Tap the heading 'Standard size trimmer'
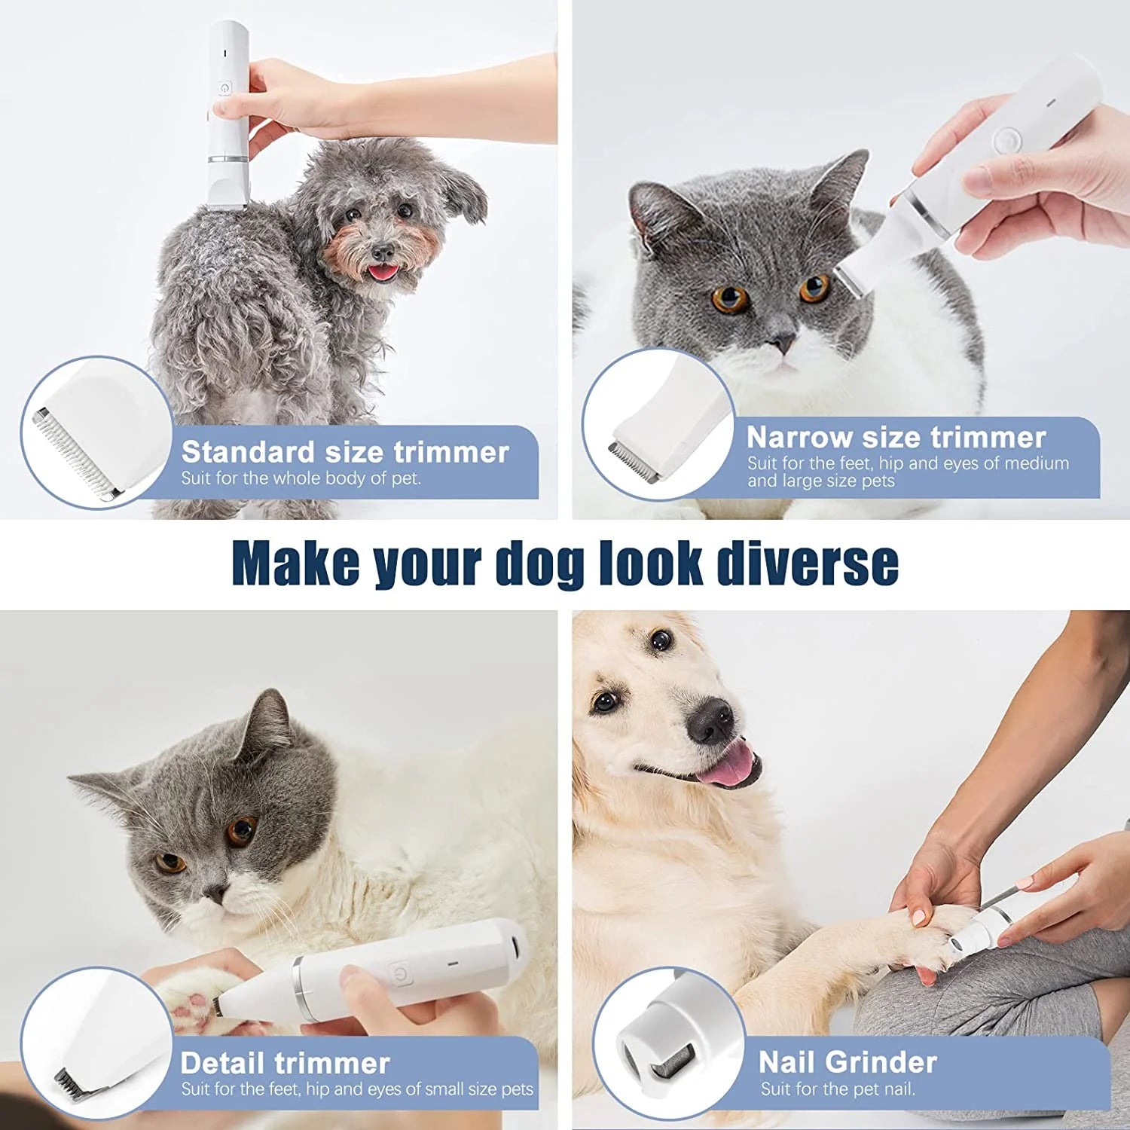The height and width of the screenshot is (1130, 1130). click(x=345, y=452)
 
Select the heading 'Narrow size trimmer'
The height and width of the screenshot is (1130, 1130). click(x=896, y=437)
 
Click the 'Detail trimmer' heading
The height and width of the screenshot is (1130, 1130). click(x=285, y=1063)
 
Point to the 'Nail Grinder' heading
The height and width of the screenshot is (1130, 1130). click(x=847, y=1062)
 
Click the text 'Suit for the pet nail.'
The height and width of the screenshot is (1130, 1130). click(x=838, y=1089)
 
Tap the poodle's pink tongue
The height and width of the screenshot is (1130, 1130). click(x=383, y=272)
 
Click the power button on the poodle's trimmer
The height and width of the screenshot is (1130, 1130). click(x=224, y=89)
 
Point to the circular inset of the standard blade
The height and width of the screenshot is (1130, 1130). click(x=96, y=432)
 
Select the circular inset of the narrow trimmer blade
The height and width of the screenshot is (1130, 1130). click(x=658, y=424)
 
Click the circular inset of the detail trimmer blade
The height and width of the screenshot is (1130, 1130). click(x=96, y=1043)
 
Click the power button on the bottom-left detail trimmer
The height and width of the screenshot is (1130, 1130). click(x=400, y=973)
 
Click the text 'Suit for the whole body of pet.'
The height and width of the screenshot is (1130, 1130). click(x=301, y=478)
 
